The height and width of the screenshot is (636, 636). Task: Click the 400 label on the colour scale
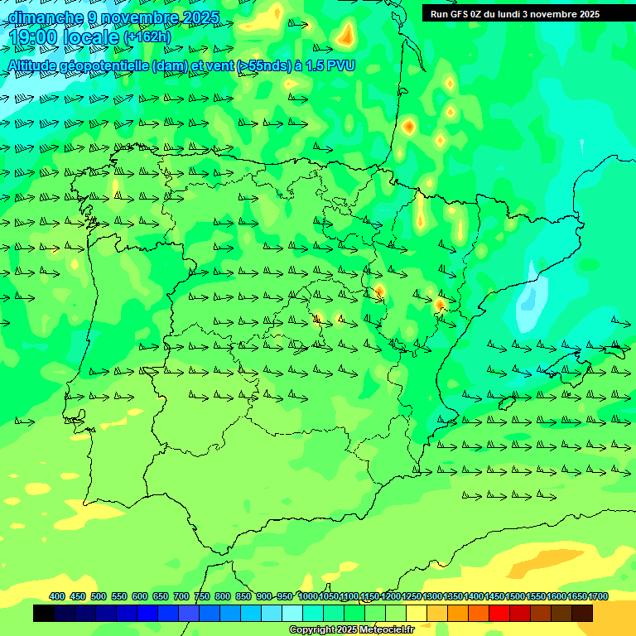click(57, 596)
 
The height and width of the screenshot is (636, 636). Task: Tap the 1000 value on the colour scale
click(308, 596)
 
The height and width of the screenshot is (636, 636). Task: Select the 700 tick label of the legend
click(181, 596)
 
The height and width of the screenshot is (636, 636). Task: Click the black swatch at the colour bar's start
click(44, 614)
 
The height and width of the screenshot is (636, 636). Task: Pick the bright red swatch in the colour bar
click(499, 614)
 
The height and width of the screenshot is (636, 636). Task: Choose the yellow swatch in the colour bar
click(417, 614)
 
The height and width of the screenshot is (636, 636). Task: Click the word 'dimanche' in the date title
click(45, 17)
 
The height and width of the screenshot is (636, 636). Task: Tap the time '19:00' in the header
click(32, 37)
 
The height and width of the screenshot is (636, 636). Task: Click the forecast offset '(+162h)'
click(147, 37)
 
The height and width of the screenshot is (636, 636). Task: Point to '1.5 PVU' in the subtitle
click(330, 65)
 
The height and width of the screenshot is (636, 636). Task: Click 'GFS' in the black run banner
click(460, 14)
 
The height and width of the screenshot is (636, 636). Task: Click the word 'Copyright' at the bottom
click(312, 630)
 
